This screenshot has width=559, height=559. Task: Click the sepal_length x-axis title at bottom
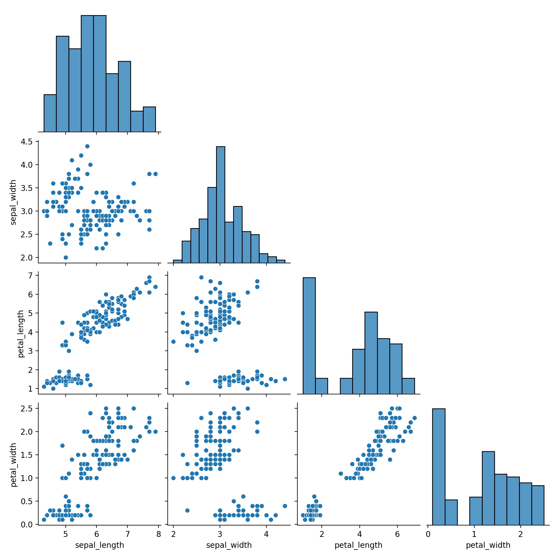click(x=100, y=545)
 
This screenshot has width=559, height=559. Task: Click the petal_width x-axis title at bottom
click(x=488, y=545)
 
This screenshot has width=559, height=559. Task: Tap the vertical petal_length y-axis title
click(x=21, y=334)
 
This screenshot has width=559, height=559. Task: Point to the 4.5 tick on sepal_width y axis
click(x=28, y=141)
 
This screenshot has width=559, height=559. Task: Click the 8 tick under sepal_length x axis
click(x=158, y=534)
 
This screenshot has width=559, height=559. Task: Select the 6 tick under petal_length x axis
click(x=397, y=534)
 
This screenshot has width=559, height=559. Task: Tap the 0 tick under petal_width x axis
click(x=428, y=534)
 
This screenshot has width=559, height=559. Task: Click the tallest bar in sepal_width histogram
click(x=221, y=203)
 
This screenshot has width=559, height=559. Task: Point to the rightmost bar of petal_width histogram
click(x=537, y=505)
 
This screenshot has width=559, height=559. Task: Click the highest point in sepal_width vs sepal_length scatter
click(x=87, y=146)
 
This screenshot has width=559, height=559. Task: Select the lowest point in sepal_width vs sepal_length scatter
click(x=66, y=257)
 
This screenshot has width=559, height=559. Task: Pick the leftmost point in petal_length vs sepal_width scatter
click(x=173, y=342)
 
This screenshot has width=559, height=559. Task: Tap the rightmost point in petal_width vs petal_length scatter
click(x=414, y=418)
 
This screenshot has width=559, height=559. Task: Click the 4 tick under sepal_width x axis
click(x=266, y=534)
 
